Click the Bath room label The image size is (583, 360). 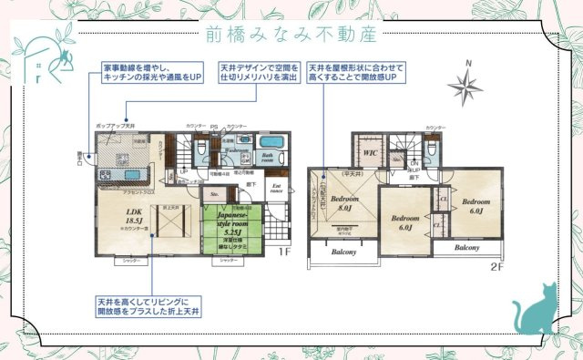coord(270,157)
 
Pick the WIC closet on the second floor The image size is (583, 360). coord(371,152)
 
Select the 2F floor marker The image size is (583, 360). coord(497,267)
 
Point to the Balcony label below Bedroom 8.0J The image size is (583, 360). coord(343,252)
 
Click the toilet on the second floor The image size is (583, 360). coord(432,149)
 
